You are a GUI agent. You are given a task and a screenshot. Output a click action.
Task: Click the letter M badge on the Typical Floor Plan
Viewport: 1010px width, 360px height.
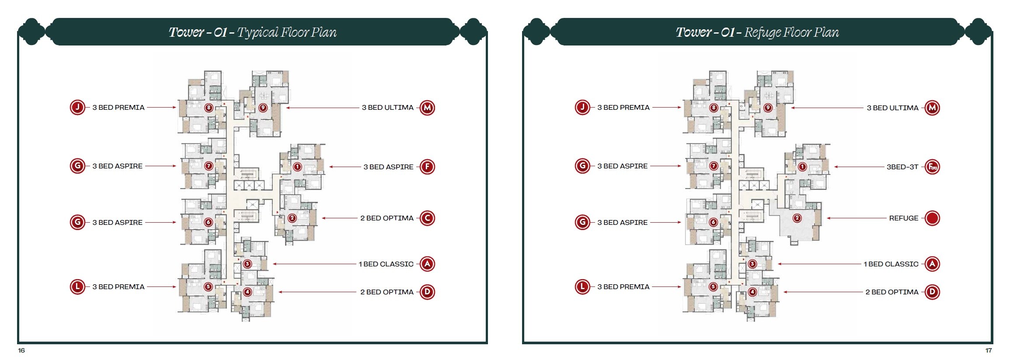pyautogui.click(x=427, y=108)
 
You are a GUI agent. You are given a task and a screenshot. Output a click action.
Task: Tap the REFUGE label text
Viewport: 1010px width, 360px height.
pyautogui.click(x=904, y=218)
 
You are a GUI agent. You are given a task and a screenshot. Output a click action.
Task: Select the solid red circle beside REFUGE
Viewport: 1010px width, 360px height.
pyautogui.click(x=932, y=218)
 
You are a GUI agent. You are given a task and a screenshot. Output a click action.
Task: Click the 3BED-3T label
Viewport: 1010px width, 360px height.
pyautogui.click(x=902, y=167)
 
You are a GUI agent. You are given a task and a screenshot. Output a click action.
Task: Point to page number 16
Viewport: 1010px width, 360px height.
pyautogui.click(x=21, y=350)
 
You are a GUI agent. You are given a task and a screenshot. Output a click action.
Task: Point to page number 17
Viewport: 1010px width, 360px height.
pyautogui.click(x=989, y=350)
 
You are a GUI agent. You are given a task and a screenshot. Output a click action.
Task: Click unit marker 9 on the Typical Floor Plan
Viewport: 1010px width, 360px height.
pyautogui.click(x=263, y=108)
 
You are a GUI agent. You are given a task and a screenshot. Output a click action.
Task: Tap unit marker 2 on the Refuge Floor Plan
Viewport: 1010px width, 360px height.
pyautogui.click(x=797, y=218)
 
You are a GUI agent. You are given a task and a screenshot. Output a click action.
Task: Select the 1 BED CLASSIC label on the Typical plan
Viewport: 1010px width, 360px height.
pyautogui.click(x=386, y=264)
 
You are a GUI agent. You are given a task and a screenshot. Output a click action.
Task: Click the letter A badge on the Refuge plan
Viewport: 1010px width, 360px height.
pyautogui.click(x=932, y=264)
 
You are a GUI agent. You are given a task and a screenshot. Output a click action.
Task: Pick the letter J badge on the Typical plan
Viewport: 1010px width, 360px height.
pyautogui.click(x=77, y=107)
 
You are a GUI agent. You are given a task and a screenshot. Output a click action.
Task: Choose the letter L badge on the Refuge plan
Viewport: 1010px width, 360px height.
pyautogui.click(x=582, y=287)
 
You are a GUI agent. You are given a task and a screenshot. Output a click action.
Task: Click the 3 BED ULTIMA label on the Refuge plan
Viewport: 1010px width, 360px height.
pyautogui.click(x=892, y=108)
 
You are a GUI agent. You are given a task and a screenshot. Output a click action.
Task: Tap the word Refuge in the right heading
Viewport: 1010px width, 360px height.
pyautogui.click(x=763, y=32)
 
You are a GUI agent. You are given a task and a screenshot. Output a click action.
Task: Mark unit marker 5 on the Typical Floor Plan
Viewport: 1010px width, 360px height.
pyautogui.click(x=208, y=287)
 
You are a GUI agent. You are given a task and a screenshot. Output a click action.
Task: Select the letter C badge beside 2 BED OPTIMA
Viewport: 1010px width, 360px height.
pyautogui.click(x=427, y=218)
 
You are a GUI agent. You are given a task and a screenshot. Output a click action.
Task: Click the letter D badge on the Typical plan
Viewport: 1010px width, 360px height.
pyautogui.click(x=427, y=292)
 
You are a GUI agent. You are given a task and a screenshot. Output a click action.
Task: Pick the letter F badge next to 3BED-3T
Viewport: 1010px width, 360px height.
pyautogui.click(x=932, y=167)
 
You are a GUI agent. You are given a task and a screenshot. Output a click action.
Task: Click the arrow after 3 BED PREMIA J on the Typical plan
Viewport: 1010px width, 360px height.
pyautogui.click(x=161, y=107)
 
